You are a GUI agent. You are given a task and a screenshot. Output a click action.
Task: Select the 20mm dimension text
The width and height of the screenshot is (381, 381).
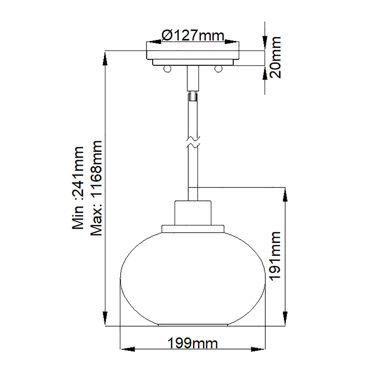pyautogui.click(x=274, y=57)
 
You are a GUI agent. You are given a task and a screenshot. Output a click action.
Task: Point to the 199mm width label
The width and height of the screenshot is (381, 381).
pyautogui.click(x=192, y=344)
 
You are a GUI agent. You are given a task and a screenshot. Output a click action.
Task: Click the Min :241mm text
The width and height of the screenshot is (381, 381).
pyautogui.click(x=78, y=188)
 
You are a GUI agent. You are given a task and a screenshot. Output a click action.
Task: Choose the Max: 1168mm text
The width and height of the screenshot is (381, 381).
pyautogui.click(x=96, y=188)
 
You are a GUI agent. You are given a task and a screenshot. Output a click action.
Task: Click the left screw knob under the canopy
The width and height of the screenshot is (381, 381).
pyautogui.click(x=167, y=68)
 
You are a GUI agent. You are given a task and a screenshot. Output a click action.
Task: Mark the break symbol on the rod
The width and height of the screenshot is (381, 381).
pyautogui.click(x=192, y=142)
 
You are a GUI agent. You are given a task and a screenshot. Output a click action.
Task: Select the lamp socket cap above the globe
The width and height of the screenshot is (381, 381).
pyautogui.click(x=192, y=213)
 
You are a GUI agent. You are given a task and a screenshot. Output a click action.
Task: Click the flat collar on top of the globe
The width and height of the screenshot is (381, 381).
pyautogui.click(x=192, y=229)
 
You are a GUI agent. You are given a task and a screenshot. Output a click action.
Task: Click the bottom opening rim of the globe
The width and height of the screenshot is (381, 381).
pyautogui.click(x=192, y=325)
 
